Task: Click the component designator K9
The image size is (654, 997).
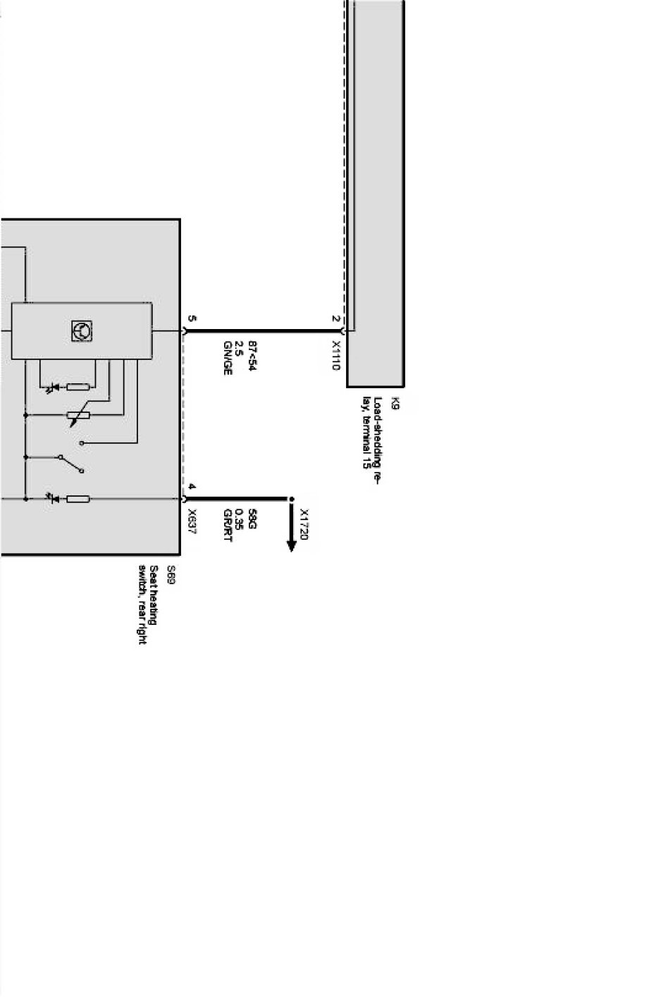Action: point(395,404)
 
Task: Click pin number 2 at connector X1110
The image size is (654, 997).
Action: point(336,318)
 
